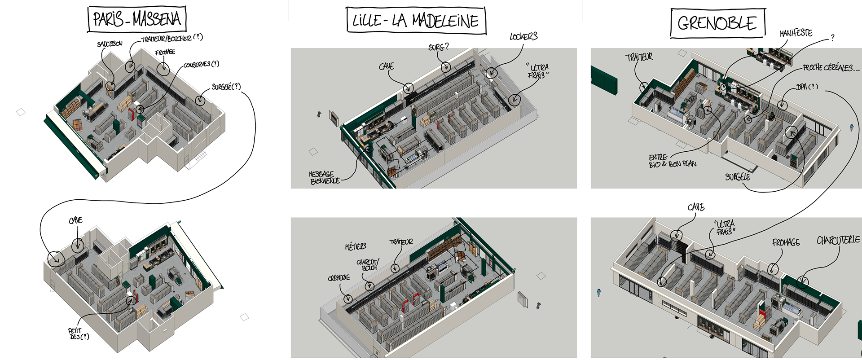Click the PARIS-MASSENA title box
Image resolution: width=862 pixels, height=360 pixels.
137,19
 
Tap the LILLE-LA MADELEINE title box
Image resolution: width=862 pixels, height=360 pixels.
416,21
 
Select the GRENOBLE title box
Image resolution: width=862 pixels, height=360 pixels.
717,23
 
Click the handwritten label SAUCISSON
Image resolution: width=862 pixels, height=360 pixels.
110,44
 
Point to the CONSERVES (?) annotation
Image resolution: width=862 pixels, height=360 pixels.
202,65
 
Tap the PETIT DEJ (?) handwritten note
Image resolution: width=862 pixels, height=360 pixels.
78,334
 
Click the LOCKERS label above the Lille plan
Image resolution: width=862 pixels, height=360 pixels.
523,36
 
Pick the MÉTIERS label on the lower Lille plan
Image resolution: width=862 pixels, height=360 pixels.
356,246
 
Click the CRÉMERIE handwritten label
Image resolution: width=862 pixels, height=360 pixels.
339,278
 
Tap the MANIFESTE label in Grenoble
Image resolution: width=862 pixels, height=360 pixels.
796,33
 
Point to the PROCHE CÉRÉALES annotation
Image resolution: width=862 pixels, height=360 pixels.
831,68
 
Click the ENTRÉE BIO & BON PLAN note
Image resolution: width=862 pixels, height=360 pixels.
672,161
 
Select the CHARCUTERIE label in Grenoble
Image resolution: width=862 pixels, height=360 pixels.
838,240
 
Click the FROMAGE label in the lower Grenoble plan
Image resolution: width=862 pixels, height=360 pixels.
786,242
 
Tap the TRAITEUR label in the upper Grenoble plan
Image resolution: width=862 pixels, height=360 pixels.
639,57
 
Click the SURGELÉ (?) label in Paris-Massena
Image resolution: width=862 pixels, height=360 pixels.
226,87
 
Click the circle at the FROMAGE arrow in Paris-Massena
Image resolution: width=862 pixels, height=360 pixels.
163,69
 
